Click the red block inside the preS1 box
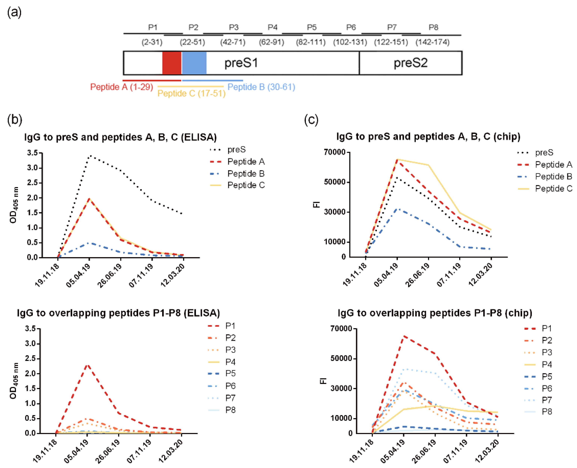pos(172,63)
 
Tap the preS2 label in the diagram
pos(410,63)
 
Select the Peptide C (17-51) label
pos(191,94)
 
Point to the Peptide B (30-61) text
pos(261,87)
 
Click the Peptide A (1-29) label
pos(121,87)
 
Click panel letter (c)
pos(311,119)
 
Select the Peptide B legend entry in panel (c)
pos(553,177)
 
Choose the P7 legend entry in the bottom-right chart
pos(547,400)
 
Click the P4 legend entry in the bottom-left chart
pos(230,362)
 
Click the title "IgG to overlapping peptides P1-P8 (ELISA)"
pos(118,313)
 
